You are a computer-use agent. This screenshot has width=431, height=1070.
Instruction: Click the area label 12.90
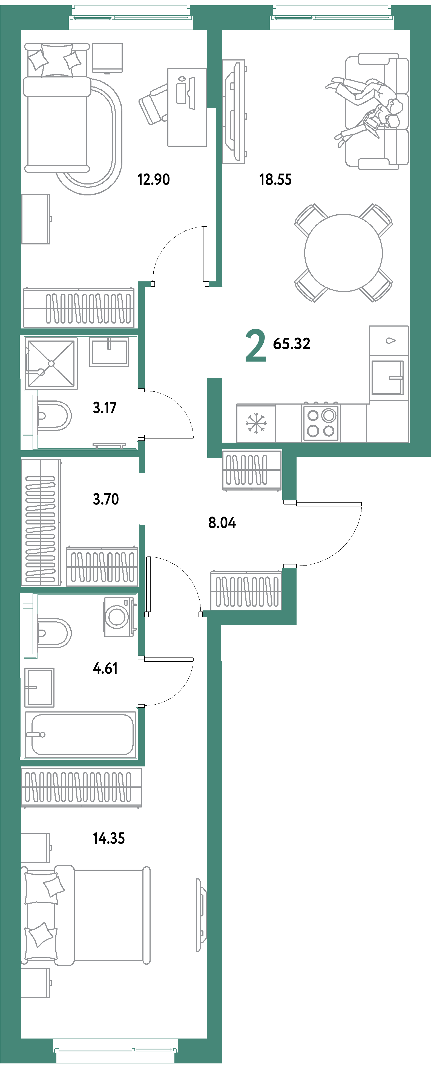[153, 180]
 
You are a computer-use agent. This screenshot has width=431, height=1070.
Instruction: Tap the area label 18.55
[275, 180]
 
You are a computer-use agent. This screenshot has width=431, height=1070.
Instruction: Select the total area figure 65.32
[291, 344]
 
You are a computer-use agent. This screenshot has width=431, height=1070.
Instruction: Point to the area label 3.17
[104, 408]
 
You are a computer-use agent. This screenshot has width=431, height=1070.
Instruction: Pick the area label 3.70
[106, 499]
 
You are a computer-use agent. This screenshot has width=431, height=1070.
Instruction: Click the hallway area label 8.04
[222, 523]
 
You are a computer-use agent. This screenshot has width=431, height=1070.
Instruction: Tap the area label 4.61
[105, 668]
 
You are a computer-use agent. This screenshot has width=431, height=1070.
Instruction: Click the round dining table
[343, 253]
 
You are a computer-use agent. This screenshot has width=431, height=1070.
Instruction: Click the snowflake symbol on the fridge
[255, 423]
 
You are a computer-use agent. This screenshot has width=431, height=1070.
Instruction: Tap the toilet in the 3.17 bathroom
[54, 415]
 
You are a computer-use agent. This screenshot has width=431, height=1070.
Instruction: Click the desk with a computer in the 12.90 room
[187, 107]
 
